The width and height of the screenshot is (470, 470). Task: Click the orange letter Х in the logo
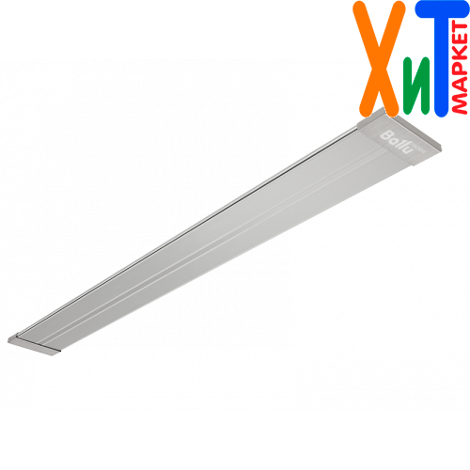coord(379,58)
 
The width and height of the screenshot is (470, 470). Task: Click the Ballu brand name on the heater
coord(396,142)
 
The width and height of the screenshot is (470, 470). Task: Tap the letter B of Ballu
coord(385,135)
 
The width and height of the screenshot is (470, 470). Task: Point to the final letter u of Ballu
coord(406,149)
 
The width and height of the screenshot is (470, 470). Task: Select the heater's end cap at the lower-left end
coord(34,344)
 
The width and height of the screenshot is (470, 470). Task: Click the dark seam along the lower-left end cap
coord(38,344)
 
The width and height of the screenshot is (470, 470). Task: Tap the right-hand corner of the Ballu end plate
coord(441,145)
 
